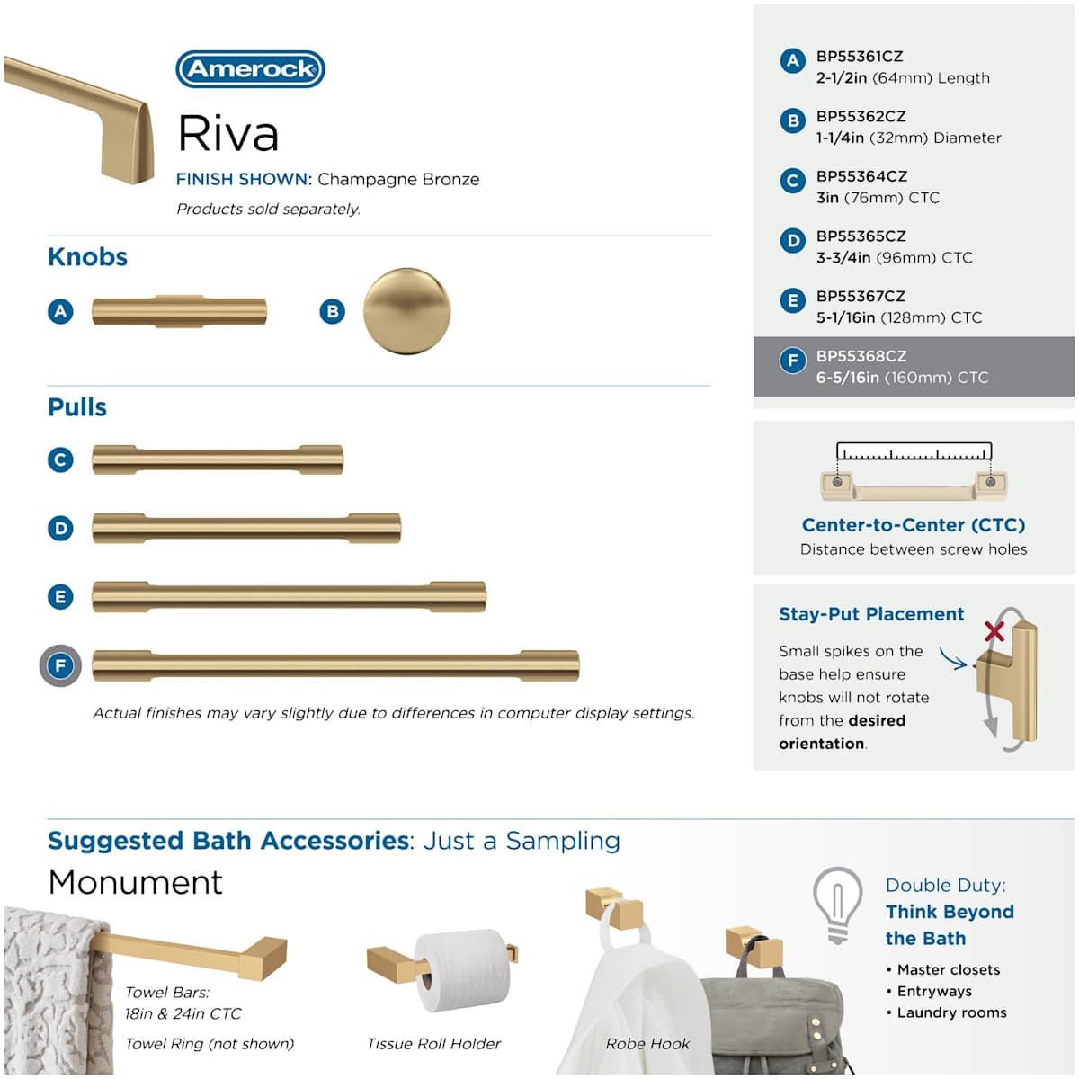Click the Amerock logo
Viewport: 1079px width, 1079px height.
250,69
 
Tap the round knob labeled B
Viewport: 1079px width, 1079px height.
406,311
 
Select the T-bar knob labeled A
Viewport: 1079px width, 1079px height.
179,311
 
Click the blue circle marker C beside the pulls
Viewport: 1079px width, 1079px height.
60,460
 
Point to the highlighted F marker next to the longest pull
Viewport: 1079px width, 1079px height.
60,666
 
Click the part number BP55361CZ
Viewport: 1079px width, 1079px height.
859,56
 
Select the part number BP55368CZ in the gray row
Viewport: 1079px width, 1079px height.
861,356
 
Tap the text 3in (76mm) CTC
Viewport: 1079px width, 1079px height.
877,198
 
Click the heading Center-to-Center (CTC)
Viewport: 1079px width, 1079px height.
913,525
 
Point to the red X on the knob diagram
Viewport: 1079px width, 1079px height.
994,630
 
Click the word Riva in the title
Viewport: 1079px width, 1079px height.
228,133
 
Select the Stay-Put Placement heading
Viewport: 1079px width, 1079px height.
870,614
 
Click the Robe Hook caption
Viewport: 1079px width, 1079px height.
647,1044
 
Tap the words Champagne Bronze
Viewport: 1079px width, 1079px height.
398,179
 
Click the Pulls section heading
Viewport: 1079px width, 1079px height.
77,407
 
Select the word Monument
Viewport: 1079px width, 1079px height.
135,882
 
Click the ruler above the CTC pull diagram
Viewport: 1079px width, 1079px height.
914,451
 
